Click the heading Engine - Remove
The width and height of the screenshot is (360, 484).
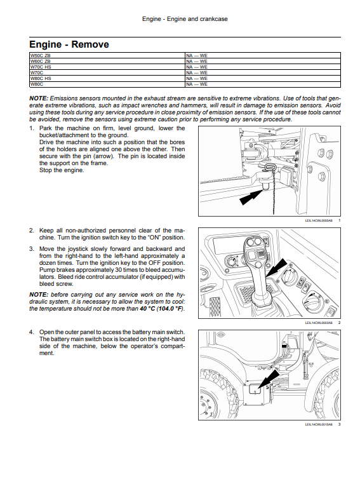pos(69,44)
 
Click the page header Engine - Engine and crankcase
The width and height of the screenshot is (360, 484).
pos(185,19)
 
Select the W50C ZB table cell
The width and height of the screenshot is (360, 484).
pos(107,55)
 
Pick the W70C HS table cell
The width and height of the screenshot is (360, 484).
pos(107,67)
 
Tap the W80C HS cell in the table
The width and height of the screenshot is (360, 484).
pos(107,78)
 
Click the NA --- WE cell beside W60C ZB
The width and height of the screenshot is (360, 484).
pos(263,61)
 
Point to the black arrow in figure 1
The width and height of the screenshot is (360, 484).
pos(251,197)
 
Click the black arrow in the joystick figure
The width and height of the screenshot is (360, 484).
pos(276,267)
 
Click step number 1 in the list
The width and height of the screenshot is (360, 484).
pos(31,128)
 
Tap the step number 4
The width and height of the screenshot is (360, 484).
pos(31,332)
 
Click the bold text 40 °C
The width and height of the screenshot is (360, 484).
pos(147,309)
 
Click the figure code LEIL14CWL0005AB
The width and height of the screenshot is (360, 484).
pos(319,220)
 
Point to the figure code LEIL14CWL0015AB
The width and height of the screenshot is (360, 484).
pos(319,424)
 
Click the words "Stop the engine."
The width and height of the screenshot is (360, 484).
pos(62,170)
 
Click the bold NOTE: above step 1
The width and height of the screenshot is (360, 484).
pos(39,98)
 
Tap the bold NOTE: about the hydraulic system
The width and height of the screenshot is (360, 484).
pos(39,295)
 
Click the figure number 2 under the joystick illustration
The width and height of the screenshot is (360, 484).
pos(339,323)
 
